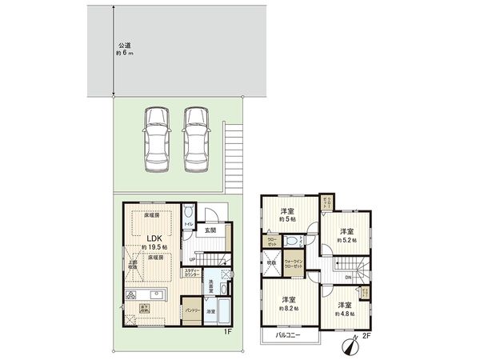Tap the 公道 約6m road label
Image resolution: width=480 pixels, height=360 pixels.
123,49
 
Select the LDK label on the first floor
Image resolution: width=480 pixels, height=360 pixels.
155,239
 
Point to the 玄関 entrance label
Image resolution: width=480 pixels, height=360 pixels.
210,232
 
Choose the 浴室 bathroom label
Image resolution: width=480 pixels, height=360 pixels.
211,311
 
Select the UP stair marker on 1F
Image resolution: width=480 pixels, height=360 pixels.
193,258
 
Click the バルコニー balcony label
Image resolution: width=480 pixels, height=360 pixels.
289,334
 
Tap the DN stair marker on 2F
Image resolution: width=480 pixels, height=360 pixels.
349,278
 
